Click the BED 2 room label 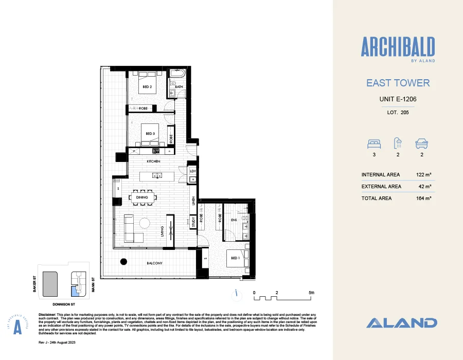(x=147, y=87)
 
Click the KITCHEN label (x=153, y=161)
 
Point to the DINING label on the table (x=143, y=196)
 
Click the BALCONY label (x=154, y=263)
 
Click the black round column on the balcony (x=123, y=261)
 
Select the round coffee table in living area (x=145, y=223)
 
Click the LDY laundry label (x=193, y=171)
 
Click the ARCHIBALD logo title (x=398, y=48)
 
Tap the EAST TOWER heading (x=398, y=83)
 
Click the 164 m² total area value (x=424, y=198)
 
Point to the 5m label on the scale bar (x=311, y=292)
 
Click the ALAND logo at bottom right (x=402, y=323)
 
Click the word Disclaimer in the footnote (x=50, y=314)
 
